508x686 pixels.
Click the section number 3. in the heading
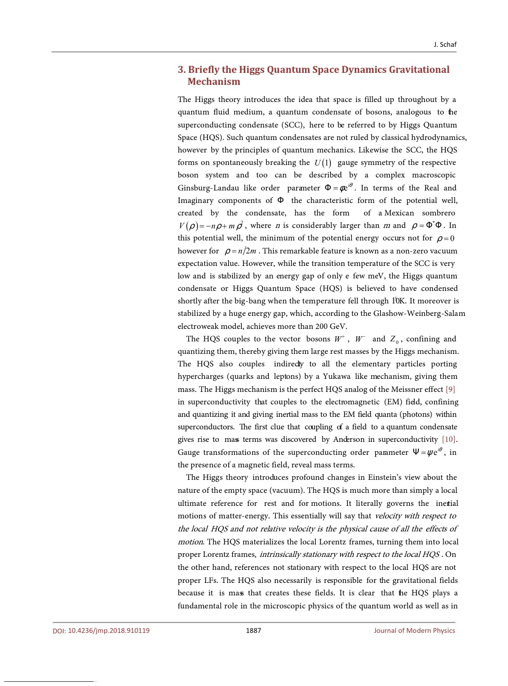(x=181, y=70)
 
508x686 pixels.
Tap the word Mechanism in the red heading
(x=214, y=82)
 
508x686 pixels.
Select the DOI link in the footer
(x=101, y=630)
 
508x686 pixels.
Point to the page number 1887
(x=253, y=630)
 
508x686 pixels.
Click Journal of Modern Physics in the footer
(x=414, y=630)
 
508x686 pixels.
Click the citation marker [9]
(x=450, y=389)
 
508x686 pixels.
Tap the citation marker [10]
(x=449, y=439)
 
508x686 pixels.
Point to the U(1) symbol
(x=323, y=163)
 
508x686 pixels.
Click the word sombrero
(x=439, y=213)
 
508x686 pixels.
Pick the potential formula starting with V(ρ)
(x=210, y=226)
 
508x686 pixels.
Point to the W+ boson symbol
(x=339, y=339)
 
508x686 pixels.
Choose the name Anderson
(x=349, y=439)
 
